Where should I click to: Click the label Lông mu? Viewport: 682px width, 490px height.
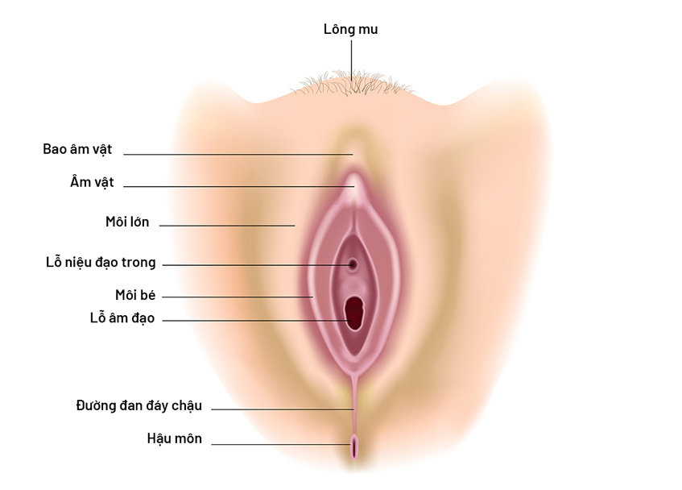(x=350, y=30)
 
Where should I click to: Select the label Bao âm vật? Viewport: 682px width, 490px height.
(x=77, y=149)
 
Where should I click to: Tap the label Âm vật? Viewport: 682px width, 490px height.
(x=92, y=182)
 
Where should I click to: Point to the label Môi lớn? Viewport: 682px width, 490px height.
(x=127, y=222)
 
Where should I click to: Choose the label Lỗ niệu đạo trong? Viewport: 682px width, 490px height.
(x=101, y=263)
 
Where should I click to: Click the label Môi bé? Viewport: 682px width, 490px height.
(x=135, y=295)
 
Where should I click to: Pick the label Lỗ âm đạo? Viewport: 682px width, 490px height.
(x=122, y=318)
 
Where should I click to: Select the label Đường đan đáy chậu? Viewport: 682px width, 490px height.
(x=139, y=405)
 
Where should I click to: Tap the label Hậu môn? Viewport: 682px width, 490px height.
(x=175, y=438)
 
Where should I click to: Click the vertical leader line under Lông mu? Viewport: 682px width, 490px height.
(x=351, y=60)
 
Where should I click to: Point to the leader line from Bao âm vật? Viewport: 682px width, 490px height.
(x=238, y=155)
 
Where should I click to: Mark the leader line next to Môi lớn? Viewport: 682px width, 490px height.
(x=227, y=226)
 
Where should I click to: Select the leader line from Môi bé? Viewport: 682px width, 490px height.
(x=238, y=297)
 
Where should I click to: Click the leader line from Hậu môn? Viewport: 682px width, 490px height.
(x=280, y=444)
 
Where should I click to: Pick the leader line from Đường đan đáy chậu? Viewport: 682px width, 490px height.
(x=283, y=409)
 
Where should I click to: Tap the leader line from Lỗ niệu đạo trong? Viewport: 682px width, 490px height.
(x=257, y=264)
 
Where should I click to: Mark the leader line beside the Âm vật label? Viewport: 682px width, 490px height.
(x=239, y=187)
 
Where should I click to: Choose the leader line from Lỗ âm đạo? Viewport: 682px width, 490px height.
(x=257, y=321)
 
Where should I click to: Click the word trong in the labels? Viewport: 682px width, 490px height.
(x=138, y=263)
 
